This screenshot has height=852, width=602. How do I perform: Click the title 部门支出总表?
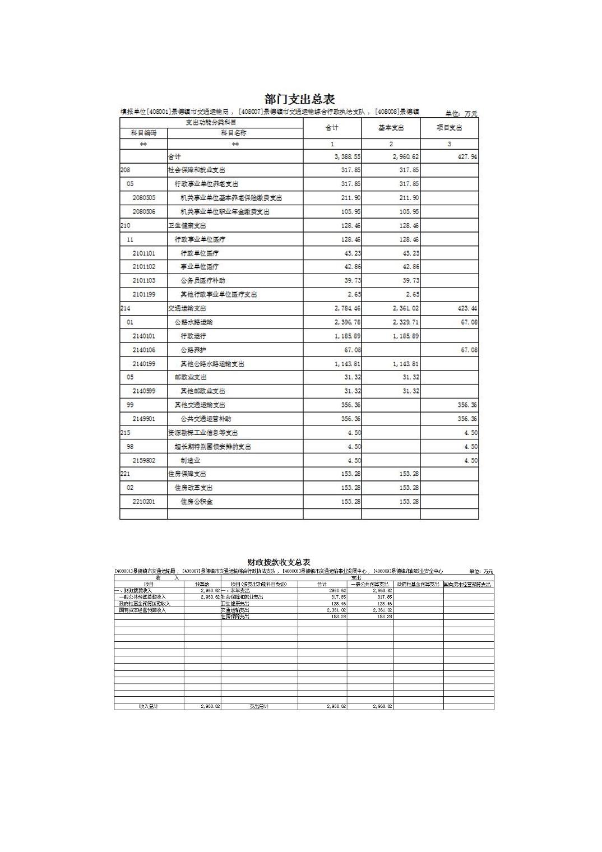299,100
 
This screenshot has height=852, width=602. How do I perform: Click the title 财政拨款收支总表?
279,562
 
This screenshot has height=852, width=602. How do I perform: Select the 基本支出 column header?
391,128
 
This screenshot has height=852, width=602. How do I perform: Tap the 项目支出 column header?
449,128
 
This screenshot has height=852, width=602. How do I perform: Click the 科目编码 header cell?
143,133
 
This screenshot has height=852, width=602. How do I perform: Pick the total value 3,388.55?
348,157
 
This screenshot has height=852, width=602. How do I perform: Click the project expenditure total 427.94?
467,157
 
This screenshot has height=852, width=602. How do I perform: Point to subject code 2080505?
144,198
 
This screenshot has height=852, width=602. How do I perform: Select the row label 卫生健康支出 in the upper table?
187,225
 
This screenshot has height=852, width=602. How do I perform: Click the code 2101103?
144,280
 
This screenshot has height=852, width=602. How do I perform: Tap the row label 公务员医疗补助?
202,280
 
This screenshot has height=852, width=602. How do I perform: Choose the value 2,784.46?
348,308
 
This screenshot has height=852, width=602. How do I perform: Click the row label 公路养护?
193,350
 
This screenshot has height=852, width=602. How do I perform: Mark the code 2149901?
144,419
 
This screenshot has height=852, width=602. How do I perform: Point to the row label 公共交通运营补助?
205,419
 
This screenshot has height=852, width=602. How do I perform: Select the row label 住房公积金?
196,502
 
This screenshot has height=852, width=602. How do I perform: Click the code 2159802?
144,460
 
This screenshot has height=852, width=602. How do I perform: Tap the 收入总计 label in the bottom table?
149,706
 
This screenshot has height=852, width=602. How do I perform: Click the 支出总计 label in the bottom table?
259,706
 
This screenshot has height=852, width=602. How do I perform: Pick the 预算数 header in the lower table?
202,584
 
